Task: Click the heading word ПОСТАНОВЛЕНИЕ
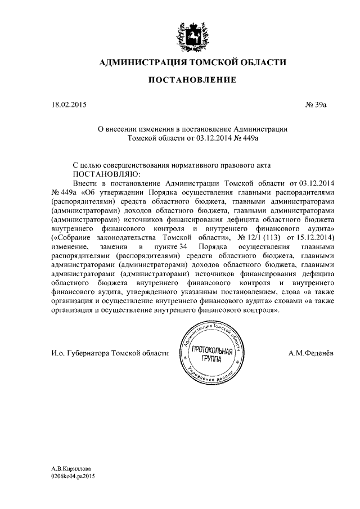tap(192, 81)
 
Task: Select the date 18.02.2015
tap(66, 105)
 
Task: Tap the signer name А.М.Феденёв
tap(310, 353)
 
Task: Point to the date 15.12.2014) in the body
tap(312, 238)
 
